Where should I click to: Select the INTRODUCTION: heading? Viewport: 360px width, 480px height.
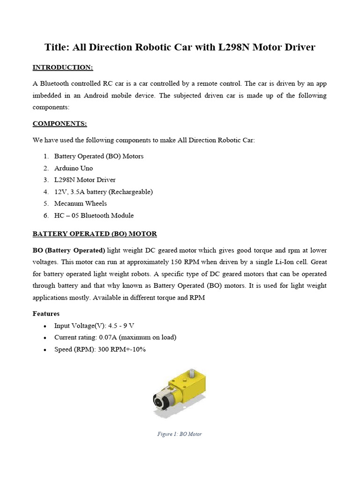(x=62, y=67)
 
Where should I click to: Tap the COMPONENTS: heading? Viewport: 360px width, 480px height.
(x=60, y=124)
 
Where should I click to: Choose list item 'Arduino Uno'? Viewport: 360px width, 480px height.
(x=74, y=168)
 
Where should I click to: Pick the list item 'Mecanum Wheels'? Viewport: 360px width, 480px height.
(x=80, y=203)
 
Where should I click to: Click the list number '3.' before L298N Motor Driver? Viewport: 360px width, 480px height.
(x=46, y=180)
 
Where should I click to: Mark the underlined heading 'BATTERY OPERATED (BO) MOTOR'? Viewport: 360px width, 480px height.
(x=95, y=233)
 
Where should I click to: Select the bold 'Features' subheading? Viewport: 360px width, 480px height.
(x=46, y=313)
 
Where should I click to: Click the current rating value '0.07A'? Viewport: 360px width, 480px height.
(x=109, y=337)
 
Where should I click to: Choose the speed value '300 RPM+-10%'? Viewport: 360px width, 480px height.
(x=124, y=349)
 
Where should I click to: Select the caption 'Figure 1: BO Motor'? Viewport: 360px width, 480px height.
(x=180, y=434)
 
